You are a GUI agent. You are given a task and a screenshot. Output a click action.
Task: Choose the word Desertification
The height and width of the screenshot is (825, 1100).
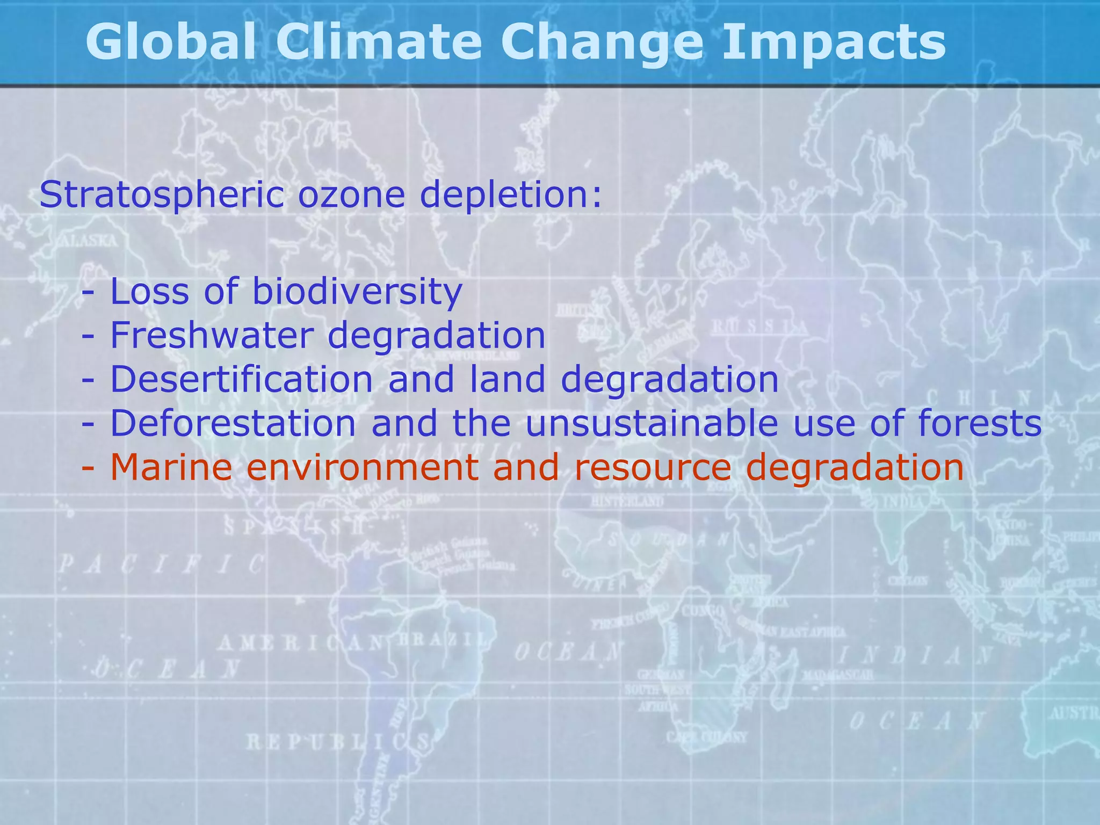[241, 379]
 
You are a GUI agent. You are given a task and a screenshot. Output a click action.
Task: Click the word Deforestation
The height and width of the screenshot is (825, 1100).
[233, 423]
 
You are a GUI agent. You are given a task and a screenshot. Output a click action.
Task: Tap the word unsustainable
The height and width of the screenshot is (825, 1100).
[651, 423]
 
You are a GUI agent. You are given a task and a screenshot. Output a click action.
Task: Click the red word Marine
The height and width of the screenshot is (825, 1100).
[171, 467]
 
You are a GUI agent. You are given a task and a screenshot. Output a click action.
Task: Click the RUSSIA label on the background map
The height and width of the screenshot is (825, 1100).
[759, 326]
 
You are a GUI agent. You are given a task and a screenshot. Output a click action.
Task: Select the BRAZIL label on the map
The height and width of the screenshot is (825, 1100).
[443, 641]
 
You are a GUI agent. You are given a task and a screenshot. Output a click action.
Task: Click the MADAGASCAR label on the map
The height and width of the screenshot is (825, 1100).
[837, 675]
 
